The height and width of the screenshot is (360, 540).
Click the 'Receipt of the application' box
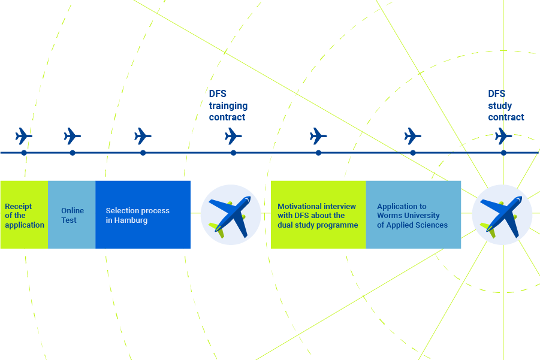click(x=24, y=215)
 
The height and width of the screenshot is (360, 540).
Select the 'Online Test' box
click(x=72, y=215)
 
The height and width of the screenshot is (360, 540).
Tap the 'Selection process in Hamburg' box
click(x=143, y=215)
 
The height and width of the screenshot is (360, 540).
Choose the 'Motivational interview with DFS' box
click(x=318, y=215)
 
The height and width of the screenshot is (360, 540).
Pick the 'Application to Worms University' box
click(x=413, y=215)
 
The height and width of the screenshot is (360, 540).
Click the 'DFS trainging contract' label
click(x=228, y=105)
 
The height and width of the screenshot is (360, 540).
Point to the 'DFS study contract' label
click(x=506, y=105)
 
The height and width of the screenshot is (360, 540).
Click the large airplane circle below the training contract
click(x=231, y=214)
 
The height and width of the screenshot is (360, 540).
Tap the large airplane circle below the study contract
click(x=502, y=214)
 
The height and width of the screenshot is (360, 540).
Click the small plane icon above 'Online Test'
click(x=72, y=136)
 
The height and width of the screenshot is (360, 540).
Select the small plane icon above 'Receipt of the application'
click(x=24, y=136)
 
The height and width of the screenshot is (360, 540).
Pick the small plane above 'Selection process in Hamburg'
click(x=143, y=136)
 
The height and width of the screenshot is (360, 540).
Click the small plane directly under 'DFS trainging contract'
click(x=233, y=136)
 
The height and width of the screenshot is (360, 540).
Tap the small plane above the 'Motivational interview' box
click(x=318, y=136)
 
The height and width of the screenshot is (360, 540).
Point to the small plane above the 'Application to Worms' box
click(x=413, y=136)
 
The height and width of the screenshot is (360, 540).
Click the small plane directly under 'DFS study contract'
click(x=503, y=136)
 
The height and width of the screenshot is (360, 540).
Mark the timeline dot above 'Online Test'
click(x=73, y=153)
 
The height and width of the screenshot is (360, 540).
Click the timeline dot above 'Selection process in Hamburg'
click(x=143, y=153)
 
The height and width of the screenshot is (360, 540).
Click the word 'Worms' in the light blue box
click(x=390, y=216)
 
